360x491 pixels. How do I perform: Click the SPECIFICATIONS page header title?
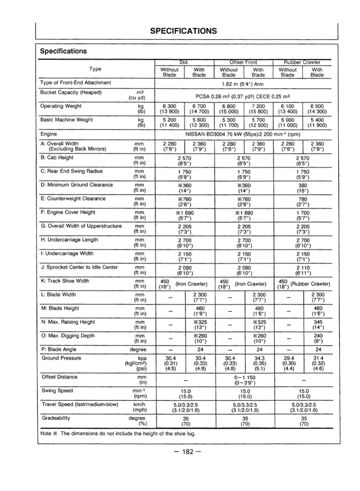183,31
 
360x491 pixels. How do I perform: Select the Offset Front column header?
243,63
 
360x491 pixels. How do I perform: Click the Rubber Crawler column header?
302,63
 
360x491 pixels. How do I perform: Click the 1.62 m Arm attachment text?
243,83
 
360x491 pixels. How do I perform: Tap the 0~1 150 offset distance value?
243,377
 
